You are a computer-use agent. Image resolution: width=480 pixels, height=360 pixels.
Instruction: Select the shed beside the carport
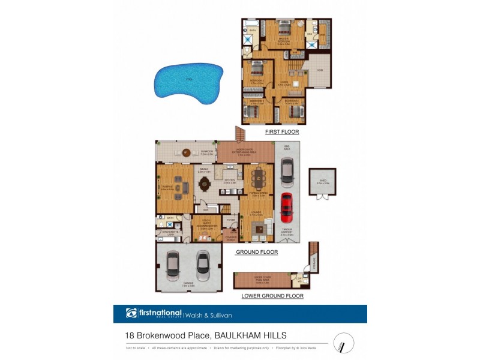[x=323, y=182]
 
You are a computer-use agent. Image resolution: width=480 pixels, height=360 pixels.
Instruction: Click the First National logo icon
[x=131, y=313]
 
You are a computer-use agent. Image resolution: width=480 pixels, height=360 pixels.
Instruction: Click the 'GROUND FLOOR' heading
[x=257, y=252]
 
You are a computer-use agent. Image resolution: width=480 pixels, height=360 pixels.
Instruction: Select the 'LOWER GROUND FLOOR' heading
[x=272, y=296]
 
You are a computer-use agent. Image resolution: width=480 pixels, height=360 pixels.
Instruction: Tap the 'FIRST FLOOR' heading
[x=282, y=132]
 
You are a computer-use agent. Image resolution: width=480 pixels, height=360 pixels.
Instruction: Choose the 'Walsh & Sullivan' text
[x=209, y=314]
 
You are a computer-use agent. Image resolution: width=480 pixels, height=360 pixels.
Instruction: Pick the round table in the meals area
[x=188, y=152]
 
